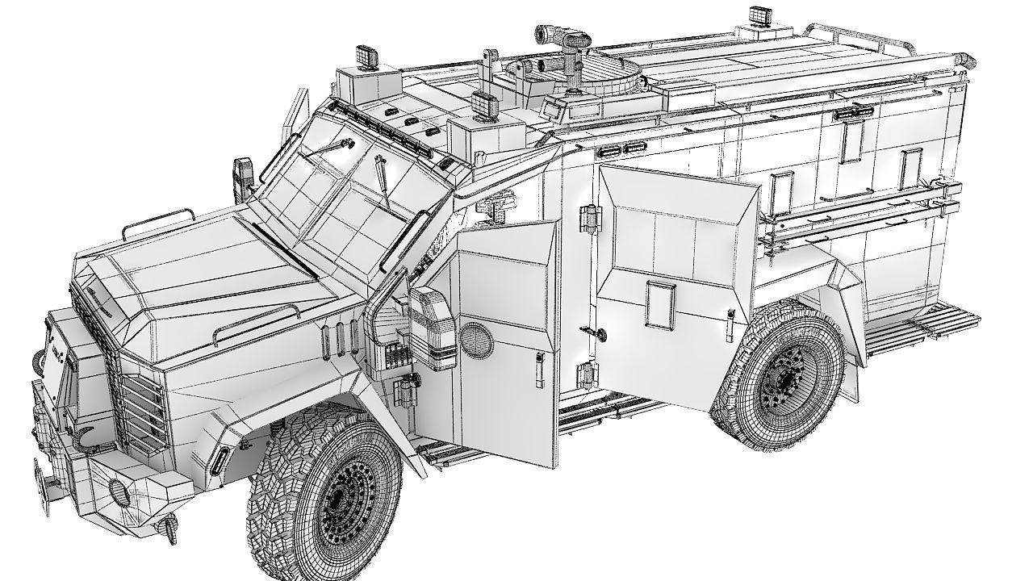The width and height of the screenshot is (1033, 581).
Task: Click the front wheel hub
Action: [349, 507]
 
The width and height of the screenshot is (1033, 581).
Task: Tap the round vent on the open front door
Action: [475, 340]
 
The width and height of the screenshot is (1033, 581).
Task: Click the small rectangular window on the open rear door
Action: [659, 304]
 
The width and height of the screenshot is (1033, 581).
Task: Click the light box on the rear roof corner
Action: [760, 15]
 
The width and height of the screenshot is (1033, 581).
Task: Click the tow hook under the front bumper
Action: [169, 529]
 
